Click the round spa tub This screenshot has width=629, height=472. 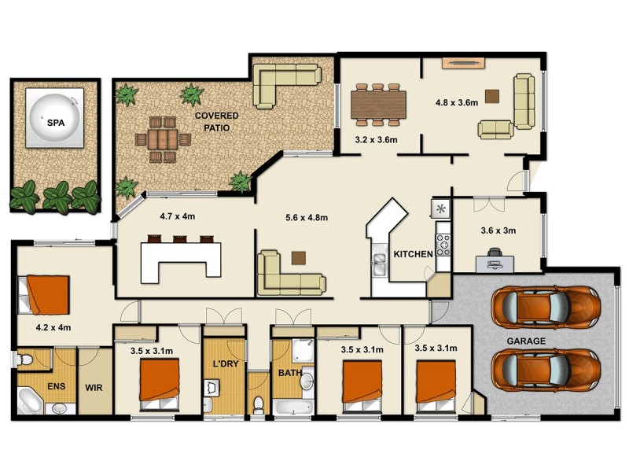pos(54,117)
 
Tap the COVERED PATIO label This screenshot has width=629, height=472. pos(216,121)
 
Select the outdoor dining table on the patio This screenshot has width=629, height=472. pos(163,139)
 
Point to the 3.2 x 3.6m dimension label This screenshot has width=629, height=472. pos(376,140)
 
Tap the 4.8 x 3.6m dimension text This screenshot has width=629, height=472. pos(457,102)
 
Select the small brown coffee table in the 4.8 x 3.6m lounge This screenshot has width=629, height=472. pos(492,97)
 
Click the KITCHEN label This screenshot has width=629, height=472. pos(413,254)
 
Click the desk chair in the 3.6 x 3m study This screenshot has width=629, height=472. pos(495,255)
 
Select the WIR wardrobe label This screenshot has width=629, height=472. pos(95,387)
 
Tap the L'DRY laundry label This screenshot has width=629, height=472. pos(225,363)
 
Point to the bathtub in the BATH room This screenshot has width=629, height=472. pos(294,407)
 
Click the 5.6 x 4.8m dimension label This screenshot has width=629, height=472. pos(306,217)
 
